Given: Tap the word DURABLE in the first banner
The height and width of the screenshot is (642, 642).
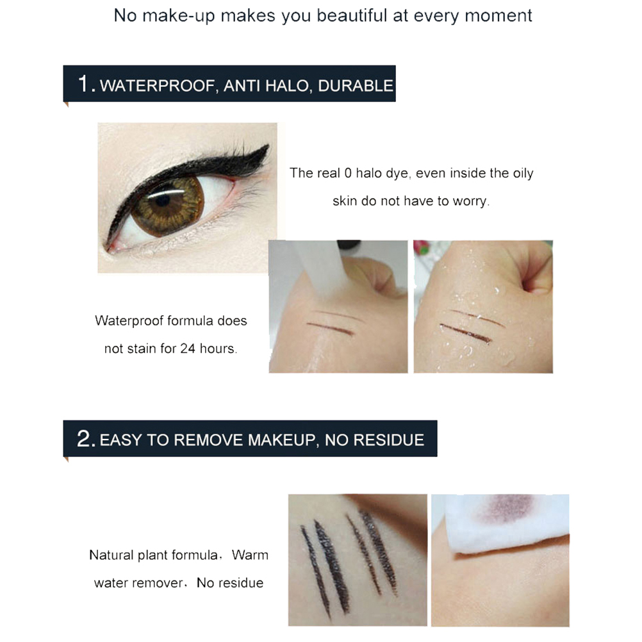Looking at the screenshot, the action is click(356, 86).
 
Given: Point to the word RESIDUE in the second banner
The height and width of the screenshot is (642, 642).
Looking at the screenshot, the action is click(388, 440).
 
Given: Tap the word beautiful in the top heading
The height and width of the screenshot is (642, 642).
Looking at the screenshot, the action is click(351, 15).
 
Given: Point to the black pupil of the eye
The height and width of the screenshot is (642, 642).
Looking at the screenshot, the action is click(163, 201).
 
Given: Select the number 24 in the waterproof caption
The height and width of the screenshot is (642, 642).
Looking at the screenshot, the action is click(188, 349).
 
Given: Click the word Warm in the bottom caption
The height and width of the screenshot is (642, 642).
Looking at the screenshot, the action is click(250, 555).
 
